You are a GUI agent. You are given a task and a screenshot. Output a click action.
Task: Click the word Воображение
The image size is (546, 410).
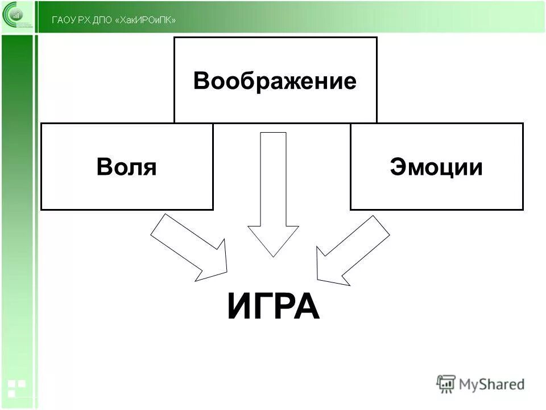[275, 81]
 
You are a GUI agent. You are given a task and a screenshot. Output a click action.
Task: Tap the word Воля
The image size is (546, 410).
[126, 167]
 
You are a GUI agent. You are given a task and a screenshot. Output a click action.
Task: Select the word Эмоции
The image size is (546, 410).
[436, 167]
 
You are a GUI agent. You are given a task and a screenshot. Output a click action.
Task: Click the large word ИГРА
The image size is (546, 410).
[273, 307]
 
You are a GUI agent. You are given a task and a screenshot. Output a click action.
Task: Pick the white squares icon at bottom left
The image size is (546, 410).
[15, 388]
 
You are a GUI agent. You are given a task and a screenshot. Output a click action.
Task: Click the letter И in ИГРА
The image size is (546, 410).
[239, 307]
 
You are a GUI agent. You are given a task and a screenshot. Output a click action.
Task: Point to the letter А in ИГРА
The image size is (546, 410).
[307, 307]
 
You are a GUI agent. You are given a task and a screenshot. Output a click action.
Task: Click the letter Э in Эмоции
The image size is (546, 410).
[398, 167]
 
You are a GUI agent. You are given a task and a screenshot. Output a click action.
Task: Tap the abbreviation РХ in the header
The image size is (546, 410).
[84, 20]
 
